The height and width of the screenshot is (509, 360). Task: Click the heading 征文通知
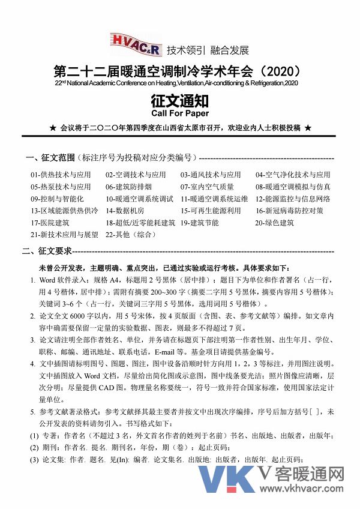(x=180, y=99)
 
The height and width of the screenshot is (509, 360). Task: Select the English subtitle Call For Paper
(x=180, y=113)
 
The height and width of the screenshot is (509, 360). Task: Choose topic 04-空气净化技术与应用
(x=293, y=175)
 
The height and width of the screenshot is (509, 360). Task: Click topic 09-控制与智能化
(x=57, y=199)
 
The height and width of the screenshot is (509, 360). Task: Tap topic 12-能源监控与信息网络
(x=293, y=199)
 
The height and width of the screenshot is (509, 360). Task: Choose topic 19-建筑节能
(x=200, y=223)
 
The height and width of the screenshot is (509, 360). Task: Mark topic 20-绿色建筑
(x=275, y=223)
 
